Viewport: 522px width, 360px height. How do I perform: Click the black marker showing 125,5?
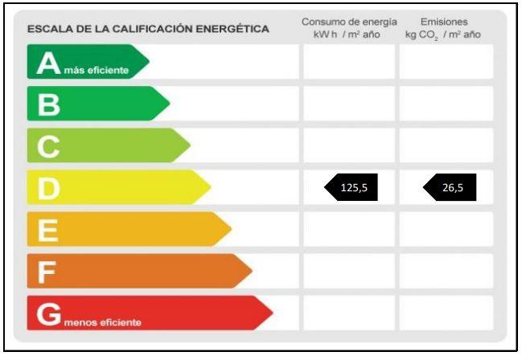(351, 188)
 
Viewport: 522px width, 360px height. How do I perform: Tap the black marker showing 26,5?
(450, 188)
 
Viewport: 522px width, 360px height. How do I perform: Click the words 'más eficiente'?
(96, 71)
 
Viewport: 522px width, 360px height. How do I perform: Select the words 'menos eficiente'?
(102, 322)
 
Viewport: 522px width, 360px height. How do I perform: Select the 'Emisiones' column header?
(444, 22)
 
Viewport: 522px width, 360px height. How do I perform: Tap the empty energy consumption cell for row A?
(348, 62)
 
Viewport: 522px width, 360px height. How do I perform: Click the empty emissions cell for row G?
(446, 313)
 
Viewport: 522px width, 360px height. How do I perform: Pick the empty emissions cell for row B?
(446, 104)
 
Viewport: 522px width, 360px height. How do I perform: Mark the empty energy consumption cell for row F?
(348, 271)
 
